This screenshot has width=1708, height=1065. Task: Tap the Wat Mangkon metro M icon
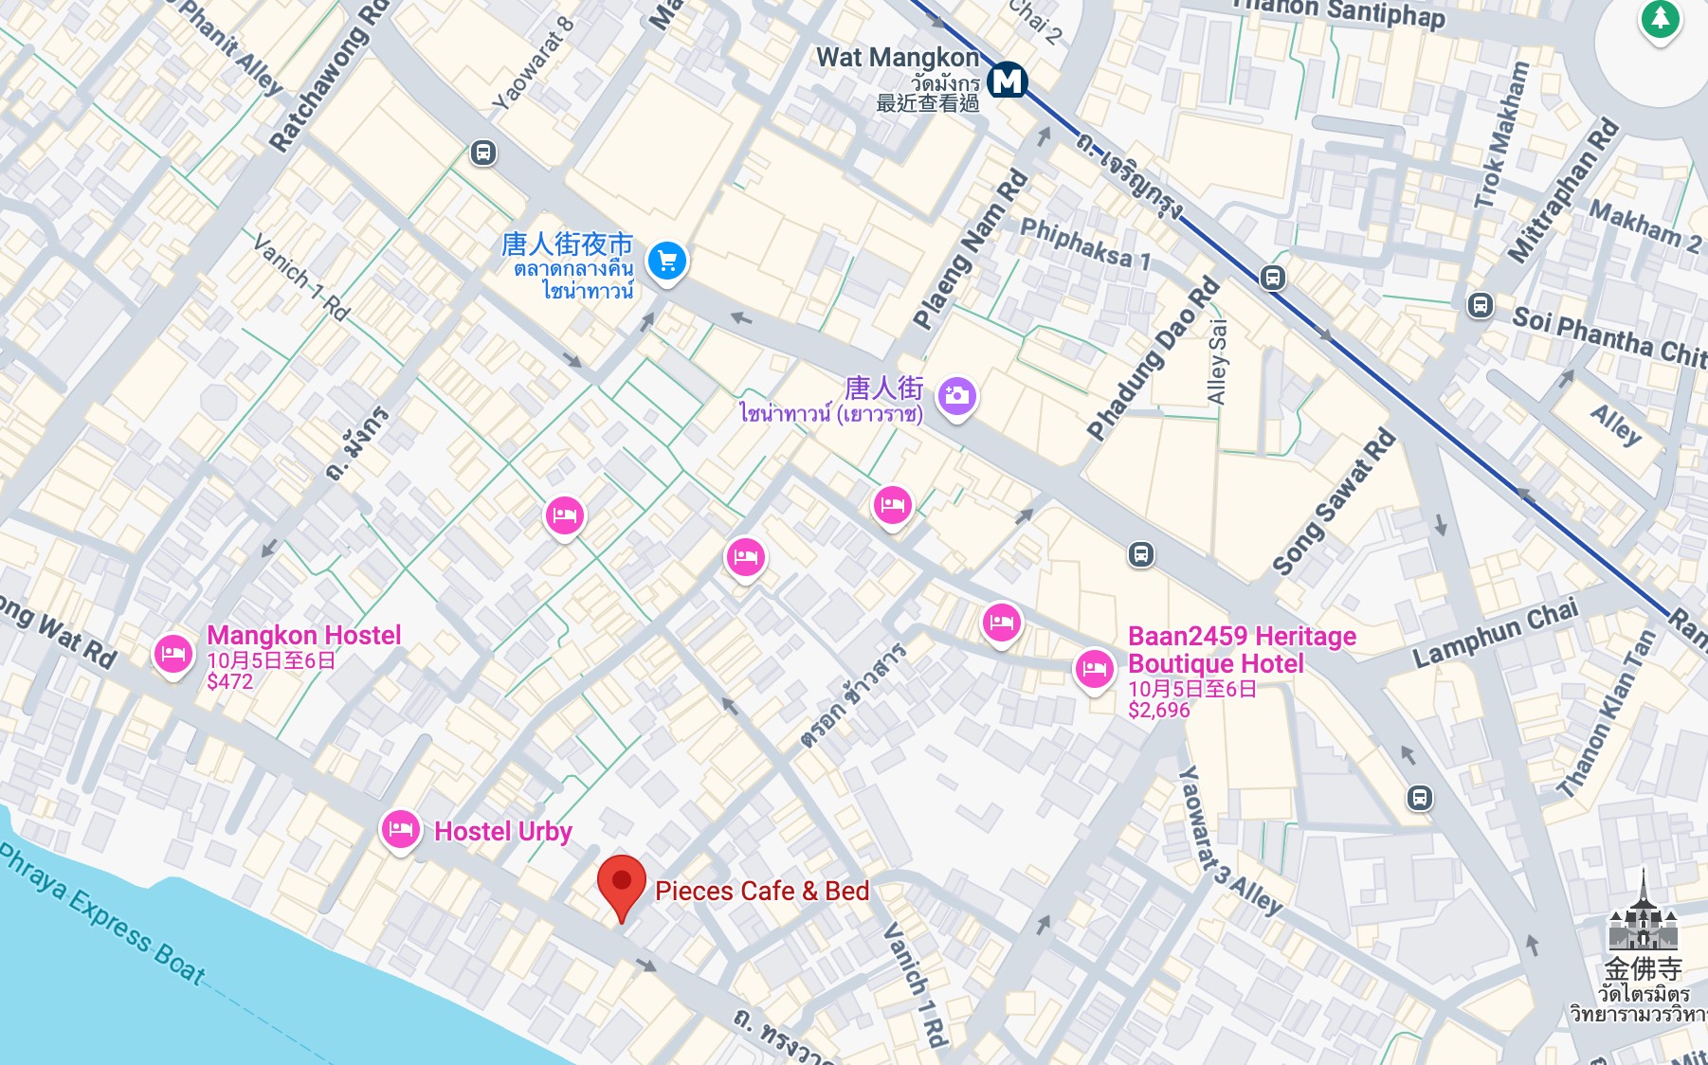click(1007, 81)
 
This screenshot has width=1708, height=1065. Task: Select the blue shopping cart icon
click(667, 261)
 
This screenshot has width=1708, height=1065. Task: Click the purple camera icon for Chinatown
click(957, 396)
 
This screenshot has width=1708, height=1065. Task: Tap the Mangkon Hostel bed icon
click(173, 654)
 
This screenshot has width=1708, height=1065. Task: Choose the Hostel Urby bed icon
click(400, 830)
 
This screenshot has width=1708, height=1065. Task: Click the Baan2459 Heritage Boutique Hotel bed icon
click(1094, 670)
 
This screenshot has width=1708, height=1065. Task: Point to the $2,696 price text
click(1158, 710)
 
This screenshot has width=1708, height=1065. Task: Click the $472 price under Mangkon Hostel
click(229, 681)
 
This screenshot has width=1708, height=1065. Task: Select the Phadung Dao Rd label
click(1152, 358)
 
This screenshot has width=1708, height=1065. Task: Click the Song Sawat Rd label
click(1333, 502)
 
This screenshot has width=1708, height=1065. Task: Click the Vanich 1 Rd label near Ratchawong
click(301, 276)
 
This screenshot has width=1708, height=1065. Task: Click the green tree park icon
click(1660, 19)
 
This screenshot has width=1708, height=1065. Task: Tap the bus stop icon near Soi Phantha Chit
click(1480, 305)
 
